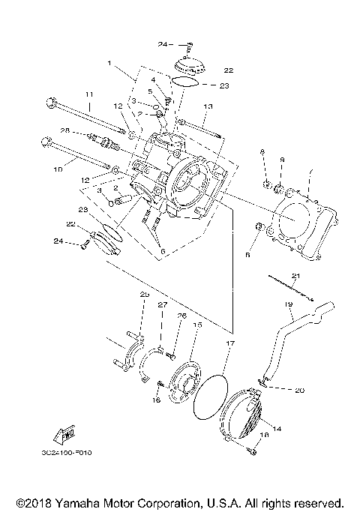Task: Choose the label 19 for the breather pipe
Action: (288, 304)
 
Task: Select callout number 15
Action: (198, 325)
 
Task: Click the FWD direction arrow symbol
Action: (64, 435)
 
